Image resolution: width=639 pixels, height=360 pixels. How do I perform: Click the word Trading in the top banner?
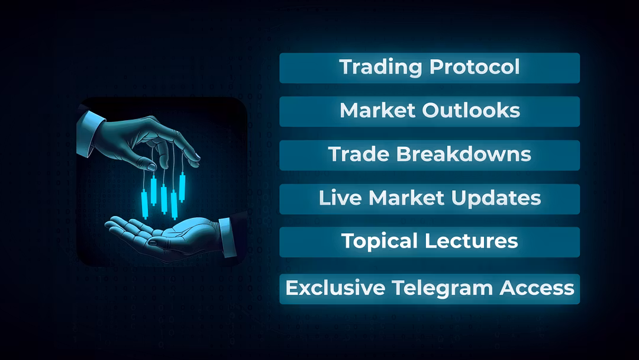point(380,67)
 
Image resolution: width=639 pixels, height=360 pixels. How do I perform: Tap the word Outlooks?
point(471,110)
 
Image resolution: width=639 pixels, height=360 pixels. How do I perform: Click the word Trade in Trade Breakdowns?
point(359,154)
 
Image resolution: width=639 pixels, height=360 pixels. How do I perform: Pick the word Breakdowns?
point(464,154)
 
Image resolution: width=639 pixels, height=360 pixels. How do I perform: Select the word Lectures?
point(472,240)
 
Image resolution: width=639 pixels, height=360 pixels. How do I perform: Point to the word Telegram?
point(442,288)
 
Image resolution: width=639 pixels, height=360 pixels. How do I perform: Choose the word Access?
point(537,288)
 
